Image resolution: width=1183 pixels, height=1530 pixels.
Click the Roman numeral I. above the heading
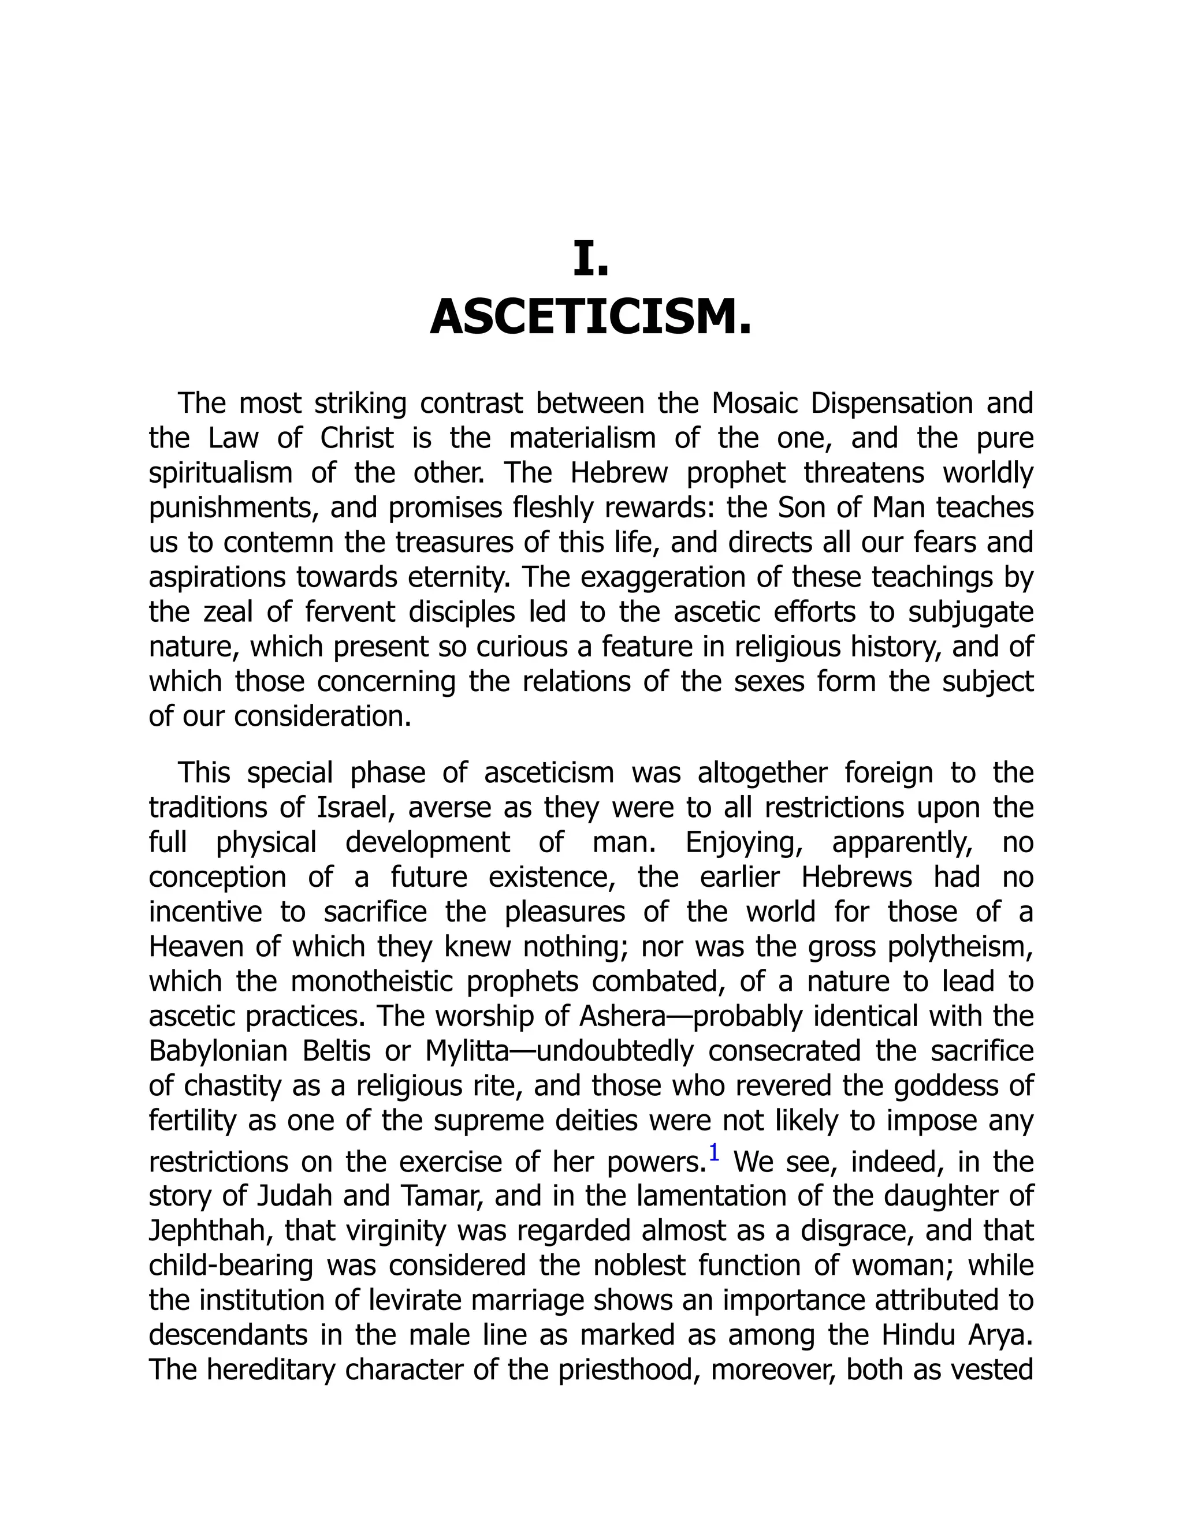click(x=591, y=259)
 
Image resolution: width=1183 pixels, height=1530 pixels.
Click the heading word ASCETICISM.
click(x=591, y=318)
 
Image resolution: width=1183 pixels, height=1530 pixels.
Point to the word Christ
click(x=358, y=439)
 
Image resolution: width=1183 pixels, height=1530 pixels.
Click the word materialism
click(x=582, y=439)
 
